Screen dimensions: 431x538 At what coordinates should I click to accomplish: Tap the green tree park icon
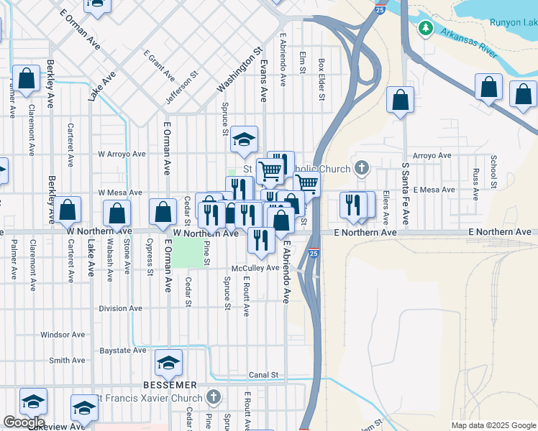pos(426,28)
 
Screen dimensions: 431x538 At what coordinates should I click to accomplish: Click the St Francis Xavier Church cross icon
pos(213,397)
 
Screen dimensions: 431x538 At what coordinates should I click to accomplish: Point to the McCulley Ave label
pos(251,268)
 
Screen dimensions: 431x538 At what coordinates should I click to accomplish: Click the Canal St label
pos(263,375)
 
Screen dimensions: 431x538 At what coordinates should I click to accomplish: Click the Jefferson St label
pos(182,87)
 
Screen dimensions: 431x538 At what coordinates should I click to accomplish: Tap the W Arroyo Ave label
pos(122,154)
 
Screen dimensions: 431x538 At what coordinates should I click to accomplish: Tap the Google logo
pos(24,422)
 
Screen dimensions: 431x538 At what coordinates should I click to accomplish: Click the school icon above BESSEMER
pos(168,364)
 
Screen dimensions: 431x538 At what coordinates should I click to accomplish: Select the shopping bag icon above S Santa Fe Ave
pos(400,101)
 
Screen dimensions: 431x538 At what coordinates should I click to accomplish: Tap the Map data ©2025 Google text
pos(493,425)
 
